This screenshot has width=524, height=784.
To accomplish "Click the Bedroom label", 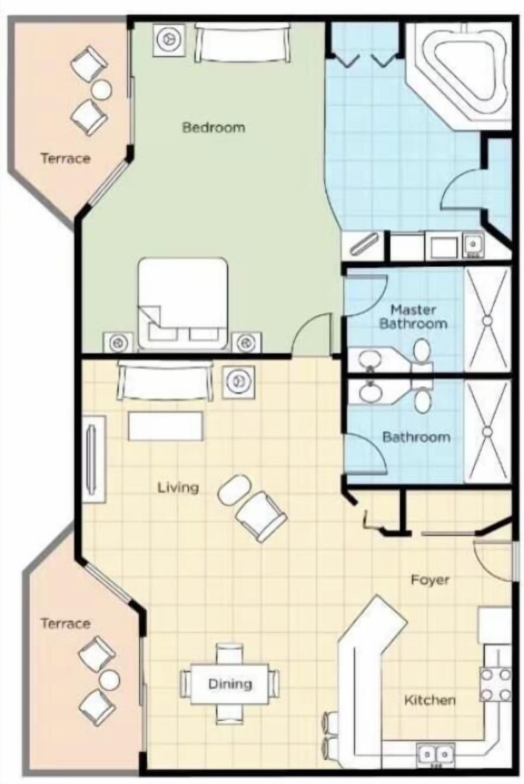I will (213, 128).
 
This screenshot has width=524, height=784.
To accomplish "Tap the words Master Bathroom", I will (413, 317).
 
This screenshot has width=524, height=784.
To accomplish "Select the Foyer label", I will (430, 580).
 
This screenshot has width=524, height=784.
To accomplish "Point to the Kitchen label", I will (430, 700).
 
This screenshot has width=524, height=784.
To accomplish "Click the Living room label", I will (178, 487).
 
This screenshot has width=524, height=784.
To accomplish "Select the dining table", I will (230, 683).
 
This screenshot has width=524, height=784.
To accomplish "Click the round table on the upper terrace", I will (101, 89).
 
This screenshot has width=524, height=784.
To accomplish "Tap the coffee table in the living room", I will (165, 426).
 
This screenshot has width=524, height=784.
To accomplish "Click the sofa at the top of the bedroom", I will (242, 44).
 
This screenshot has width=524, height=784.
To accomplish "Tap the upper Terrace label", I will (65, 159).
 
